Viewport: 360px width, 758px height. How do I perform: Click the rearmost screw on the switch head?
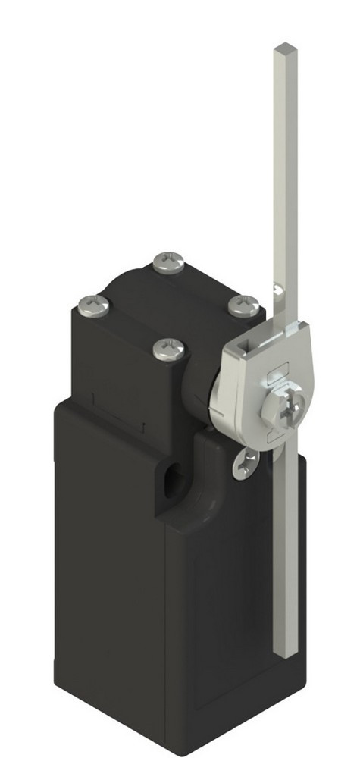pos(167,263)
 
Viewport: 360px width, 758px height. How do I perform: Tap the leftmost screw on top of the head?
pos(94,306)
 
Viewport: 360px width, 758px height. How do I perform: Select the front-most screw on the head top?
pos(169,349)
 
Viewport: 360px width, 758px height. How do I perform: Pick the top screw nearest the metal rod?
pos(244,305)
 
